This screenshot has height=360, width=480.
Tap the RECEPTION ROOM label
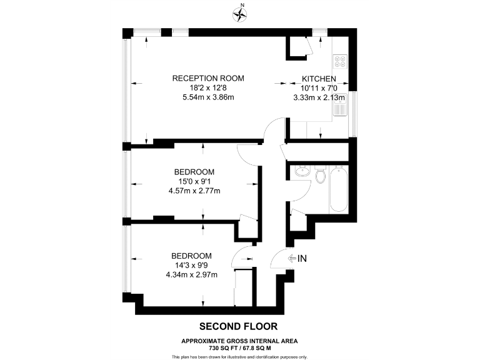208,78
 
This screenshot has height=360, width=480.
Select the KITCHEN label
319,79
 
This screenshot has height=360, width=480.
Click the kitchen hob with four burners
341,61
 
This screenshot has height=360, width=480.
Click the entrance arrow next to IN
291,258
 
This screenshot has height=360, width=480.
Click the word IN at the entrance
302,258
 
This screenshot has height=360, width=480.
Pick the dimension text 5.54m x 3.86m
208,97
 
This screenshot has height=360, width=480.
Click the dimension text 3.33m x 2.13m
319,97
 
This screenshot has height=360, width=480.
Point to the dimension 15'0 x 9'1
194,182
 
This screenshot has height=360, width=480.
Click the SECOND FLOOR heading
237,326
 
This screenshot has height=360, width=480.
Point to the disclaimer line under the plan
239,356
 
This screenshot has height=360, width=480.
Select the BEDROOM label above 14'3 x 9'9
192,256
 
